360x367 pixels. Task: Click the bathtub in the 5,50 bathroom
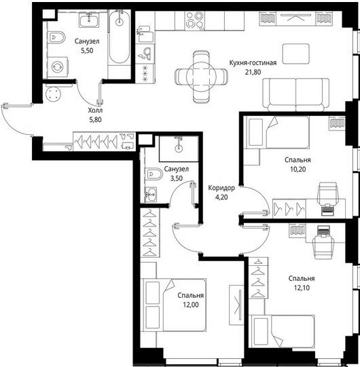[x=120, y=37]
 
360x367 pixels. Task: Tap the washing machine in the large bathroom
[x=58, y=67]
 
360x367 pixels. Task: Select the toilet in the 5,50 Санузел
[x=56, y=37]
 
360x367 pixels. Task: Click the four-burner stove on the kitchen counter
[x=194, y=20]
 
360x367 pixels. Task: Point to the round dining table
[x=201, y=77]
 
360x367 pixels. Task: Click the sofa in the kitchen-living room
[x=295, y=94]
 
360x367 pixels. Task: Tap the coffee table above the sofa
[x=295, y=54]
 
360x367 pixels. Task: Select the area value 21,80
[x=253, y=72]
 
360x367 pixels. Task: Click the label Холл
[x=95, y=111]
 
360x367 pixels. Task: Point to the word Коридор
[x=221, y=188]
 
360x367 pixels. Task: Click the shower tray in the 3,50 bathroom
[x=179, y=149]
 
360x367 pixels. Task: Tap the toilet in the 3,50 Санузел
[x=154, y=174]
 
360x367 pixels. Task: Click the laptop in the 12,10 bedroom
[x=324, y=231]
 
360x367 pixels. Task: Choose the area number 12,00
[x=191, y=305]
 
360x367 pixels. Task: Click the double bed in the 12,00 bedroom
[x=173, y=305]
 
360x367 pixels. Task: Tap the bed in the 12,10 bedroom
[x=282, y=332]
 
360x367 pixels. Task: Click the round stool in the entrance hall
[x=54, y=94]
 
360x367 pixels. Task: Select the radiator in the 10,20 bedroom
[x=337, y=123]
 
